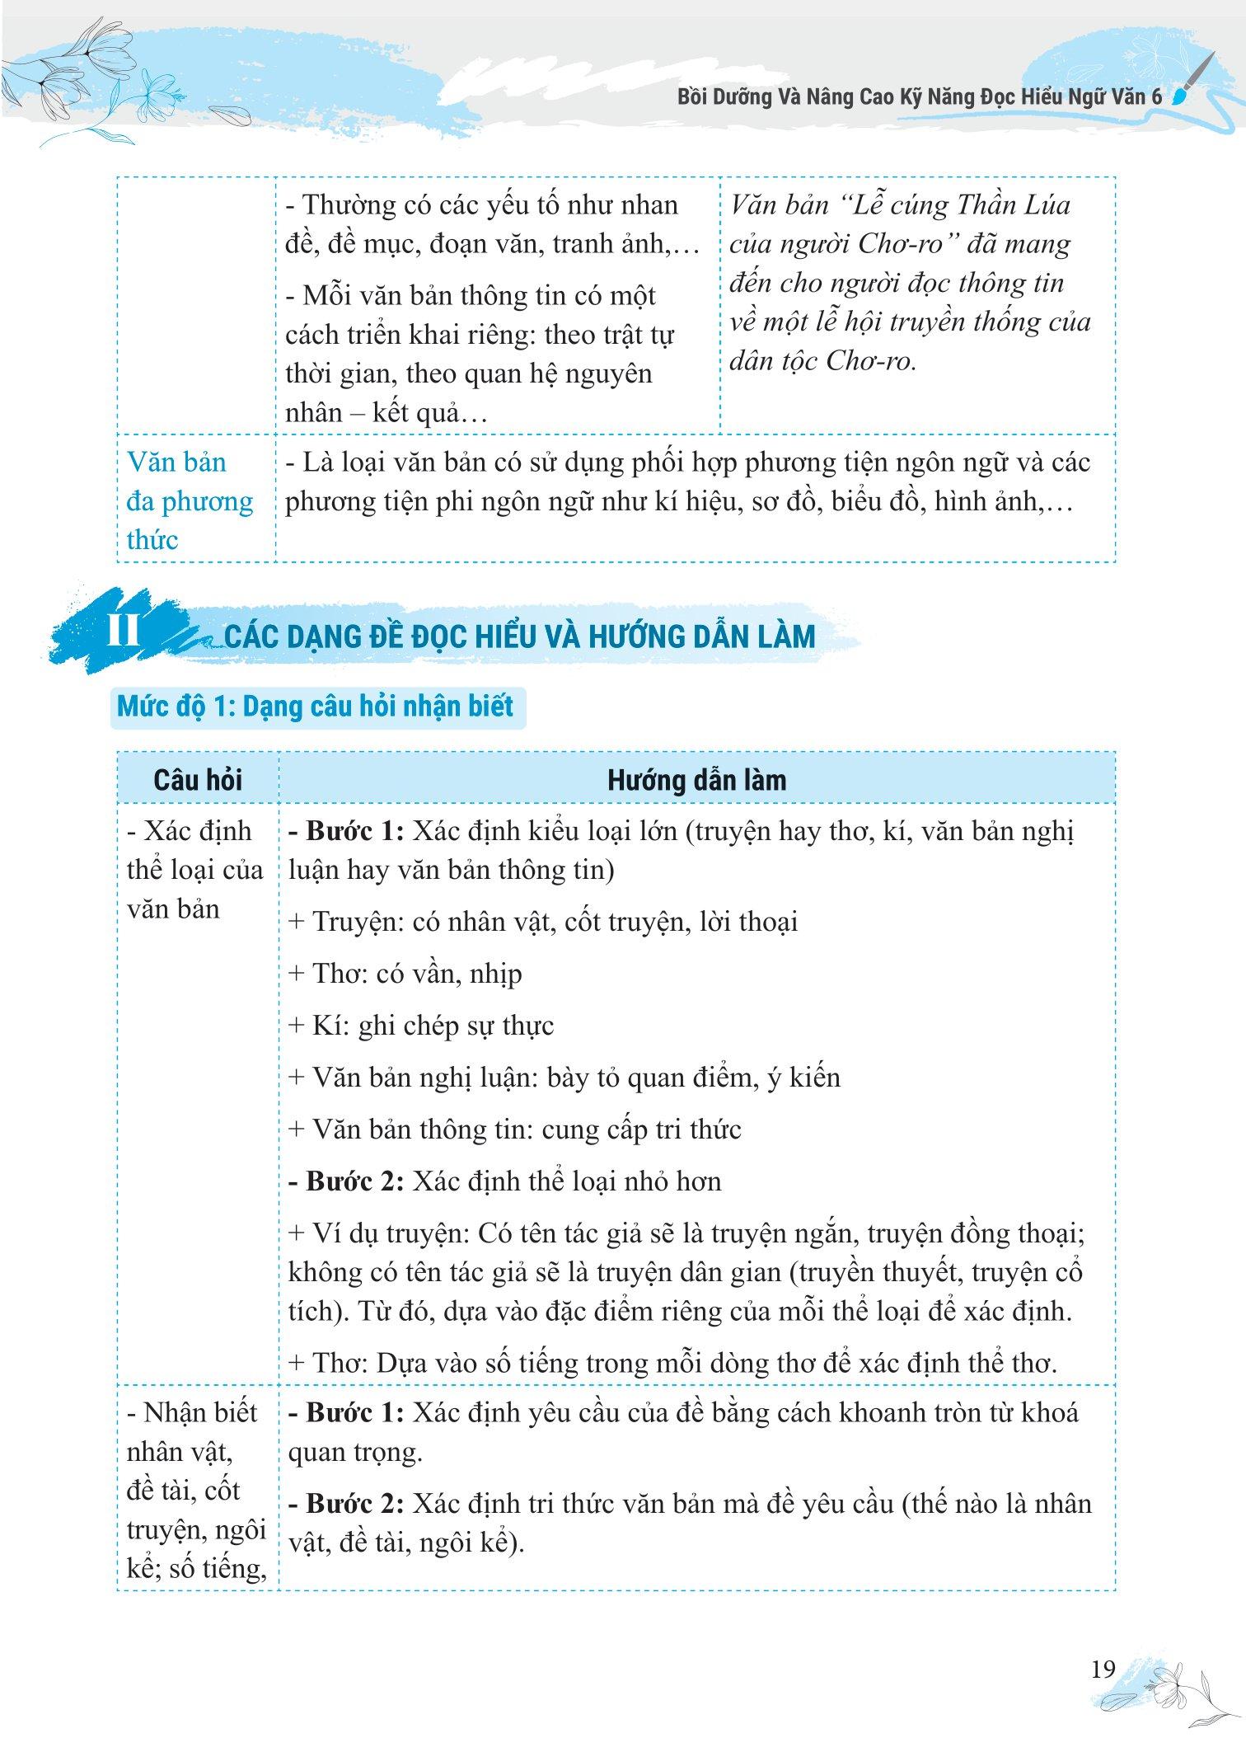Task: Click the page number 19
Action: [x=1102, y=1670]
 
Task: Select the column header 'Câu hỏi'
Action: [x=198, y=780]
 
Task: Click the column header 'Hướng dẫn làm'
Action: [x=696, y=780]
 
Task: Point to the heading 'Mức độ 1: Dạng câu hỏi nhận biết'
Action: [x=316, y=707]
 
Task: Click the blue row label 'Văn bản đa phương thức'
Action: [x=189, y=500]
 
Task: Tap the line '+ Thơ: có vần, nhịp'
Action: [x=405, y=974]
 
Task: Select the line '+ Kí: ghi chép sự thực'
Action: [x=420, y=1026]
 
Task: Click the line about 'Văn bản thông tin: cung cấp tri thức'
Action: [x=514, y=1129]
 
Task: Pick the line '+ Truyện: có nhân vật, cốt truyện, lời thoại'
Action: [x=542, y=922]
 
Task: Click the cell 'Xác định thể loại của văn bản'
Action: [x=194, y=870]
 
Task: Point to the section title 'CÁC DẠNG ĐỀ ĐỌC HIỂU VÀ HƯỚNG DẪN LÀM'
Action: [x=519, y=636]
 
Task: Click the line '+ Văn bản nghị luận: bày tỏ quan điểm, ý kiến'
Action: [x=564, y=1078]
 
